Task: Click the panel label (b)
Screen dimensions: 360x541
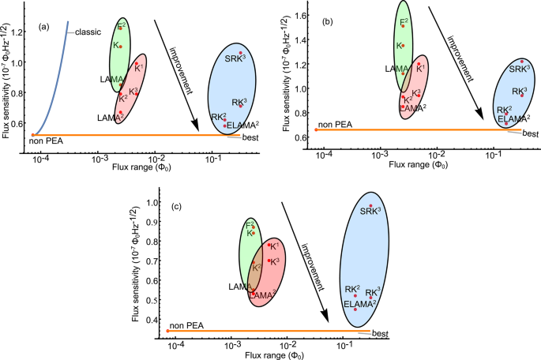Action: (325, 24)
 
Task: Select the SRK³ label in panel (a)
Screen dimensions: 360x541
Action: (235, 59)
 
